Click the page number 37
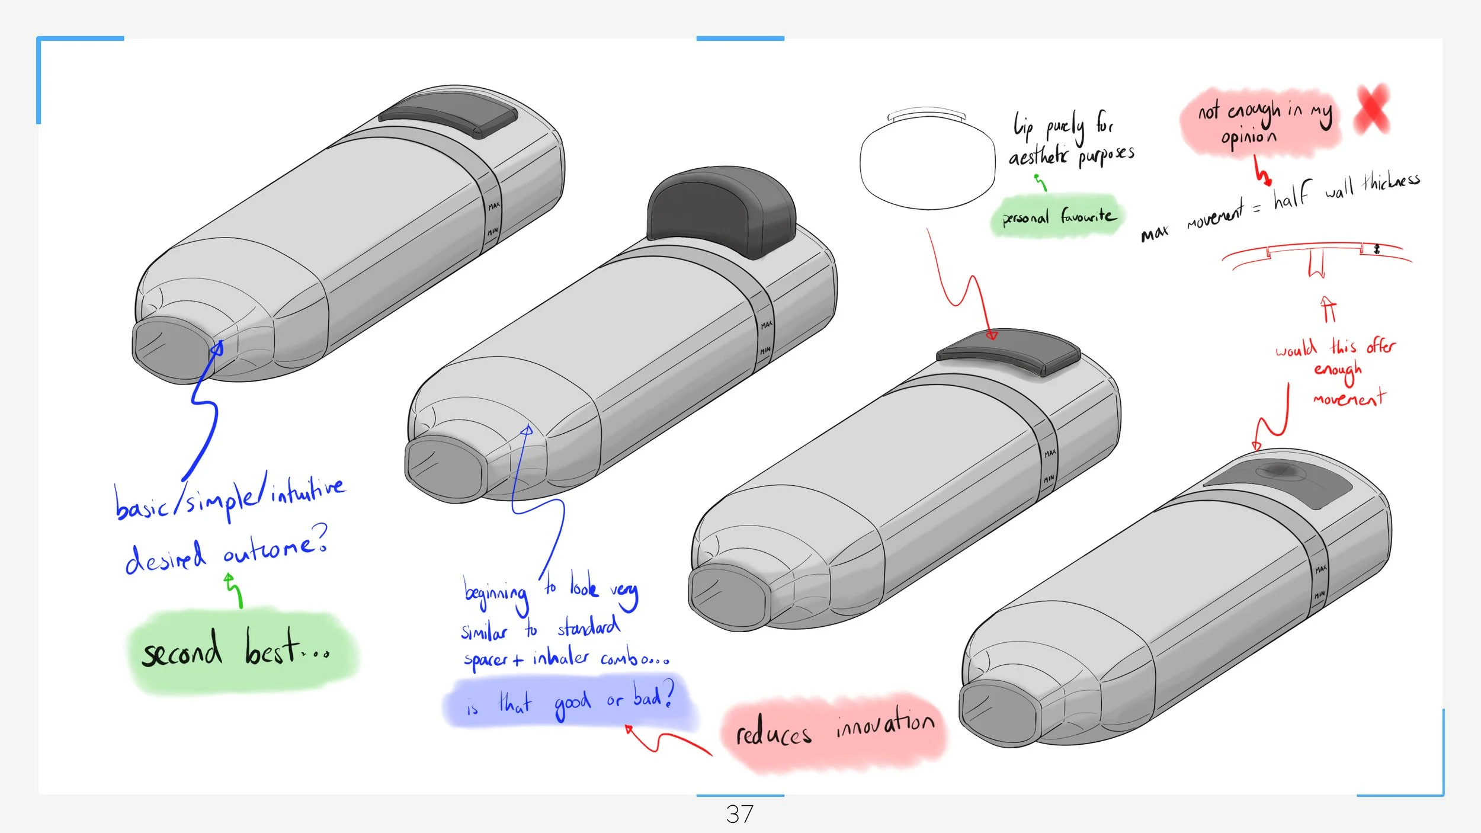pyautogui.click(x=739, y=814)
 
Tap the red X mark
pyautogui.click(x=1372, y=109)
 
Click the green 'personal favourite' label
pyautogui.click(x=1058, y=216)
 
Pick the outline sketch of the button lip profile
pyautogui.click(x=927, y=160)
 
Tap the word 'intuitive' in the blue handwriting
pyautogui.click(x=307, y=490)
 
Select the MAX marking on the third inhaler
pyautogui.click(x=1050, y=453)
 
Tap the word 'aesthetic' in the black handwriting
pyautogui.click(x=1038, y=156)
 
